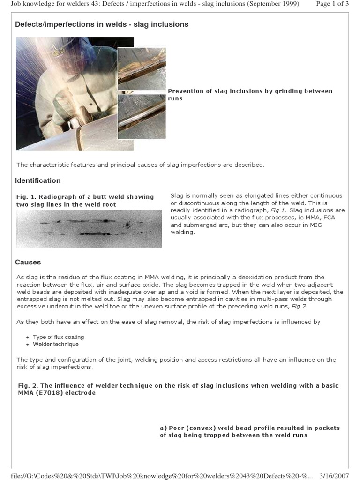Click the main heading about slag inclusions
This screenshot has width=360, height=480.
tap(102, 24)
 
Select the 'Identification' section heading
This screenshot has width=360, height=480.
tap(37, 180)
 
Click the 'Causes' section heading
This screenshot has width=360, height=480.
tap(28, 262)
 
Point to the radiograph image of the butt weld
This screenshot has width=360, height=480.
tap(89, 228)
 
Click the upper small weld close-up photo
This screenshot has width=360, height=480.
tap(142, 68)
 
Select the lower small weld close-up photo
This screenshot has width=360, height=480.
tap(142, 117)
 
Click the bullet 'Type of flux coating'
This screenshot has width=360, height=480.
tap(58, 337)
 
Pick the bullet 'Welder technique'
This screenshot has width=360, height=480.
tap(55, 344)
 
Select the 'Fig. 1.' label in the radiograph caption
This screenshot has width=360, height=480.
tap(26, 197)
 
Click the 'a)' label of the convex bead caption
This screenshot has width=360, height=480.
tap(164, 428)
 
